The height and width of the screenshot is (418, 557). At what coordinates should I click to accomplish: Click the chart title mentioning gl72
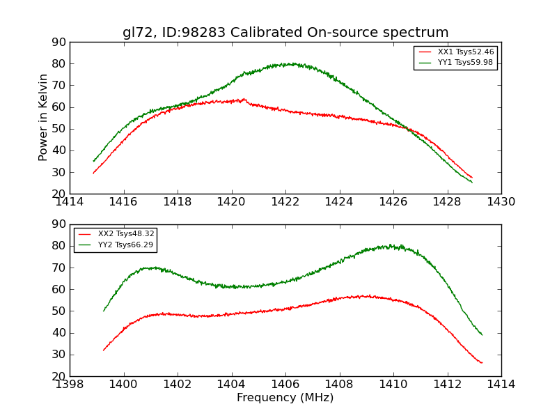285,33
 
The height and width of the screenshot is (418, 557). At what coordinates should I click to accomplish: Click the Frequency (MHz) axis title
285,398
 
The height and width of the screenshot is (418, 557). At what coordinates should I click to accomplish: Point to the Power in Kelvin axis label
43,118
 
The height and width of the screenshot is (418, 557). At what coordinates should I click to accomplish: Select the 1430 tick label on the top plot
501,201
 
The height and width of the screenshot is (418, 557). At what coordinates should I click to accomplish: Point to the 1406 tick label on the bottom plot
285,384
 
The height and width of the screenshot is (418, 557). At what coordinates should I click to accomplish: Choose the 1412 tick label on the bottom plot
447,384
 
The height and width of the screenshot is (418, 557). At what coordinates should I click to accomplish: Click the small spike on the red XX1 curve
244,99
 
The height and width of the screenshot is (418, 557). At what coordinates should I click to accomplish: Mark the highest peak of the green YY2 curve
391,245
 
